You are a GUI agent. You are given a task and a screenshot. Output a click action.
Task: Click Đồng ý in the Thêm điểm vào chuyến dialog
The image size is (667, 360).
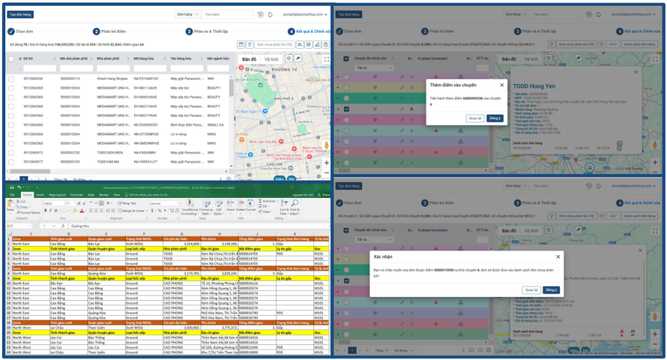coord(494,118)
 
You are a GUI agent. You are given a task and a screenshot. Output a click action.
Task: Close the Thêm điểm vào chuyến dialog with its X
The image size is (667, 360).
coord(501,85)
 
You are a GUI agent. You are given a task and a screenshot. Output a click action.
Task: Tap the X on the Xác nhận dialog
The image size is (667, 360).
coord(558,256)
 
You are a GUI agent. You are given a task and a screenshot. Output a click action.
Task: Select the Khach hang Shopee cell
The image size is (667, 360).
coord(112,78)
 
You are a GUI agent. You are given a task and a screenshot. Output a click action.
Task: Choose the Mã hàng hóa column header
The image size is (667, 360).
coord(147,58)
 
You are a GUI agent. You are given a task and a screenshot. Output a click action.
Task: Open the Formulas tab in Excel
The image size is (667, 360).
coord(77,194)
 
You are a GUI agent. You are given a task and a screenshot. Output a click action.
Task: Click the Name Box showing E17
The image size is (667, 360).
coord(20,226)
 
